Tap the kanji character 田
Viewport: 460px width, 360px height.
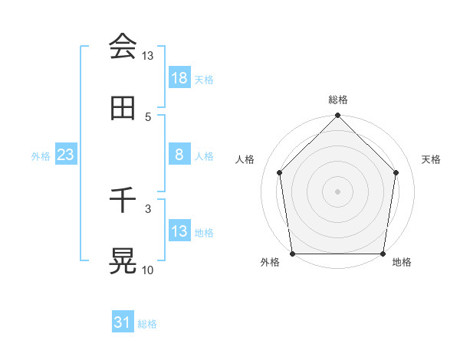click(123, 108)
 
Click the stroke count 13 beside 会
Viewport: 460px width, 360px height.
click(148, 56)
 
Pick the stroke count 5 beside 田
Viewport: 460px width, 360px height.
click(149, 116)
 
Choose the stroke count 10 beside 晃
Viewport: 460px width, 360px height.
click(148, 270)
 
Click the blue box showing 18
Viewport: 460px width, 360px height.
click(179, 78)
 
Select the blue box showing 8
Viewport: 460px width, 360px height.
click(179, 155)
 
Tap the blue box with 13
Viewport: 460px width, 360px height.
click(179, 231)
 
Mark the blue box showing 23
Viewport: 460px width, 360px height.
click(66, 155)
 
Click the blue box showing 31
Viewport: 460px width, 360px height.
click(123, 323)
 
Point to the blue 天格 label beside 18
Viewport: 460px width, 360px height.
click(204, 79)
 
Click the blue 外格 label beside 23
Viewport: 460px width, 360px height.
click(41, 155)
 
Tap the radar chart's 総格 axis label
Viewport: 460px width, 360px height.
click(338, 100)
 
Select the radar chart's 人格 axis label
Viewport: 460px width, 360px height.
click(245, 159)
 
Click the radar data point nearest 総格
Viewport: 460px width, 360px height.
click(338, 116)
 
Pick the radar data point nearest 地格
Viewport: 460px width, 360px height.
click(383, 254)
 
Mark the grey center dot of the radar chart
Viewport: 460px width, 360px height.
click(338, 191)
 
